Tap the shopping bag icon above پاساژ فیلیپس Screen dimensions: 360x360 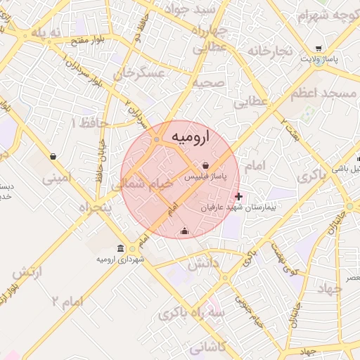point(205,165)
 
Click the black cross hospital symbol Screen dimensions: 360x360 point(239,196)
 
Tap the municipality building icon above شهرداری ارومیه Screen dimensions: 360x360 point(121,249)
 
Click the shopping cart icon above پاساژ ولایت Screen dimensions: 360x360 point(319,49)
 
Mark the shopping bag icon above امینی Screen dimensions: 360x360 point(53,156)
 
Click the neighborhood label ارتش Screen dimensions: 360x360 point(27,271)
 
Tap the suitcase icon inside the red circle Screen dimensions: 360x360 point(184,231)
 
